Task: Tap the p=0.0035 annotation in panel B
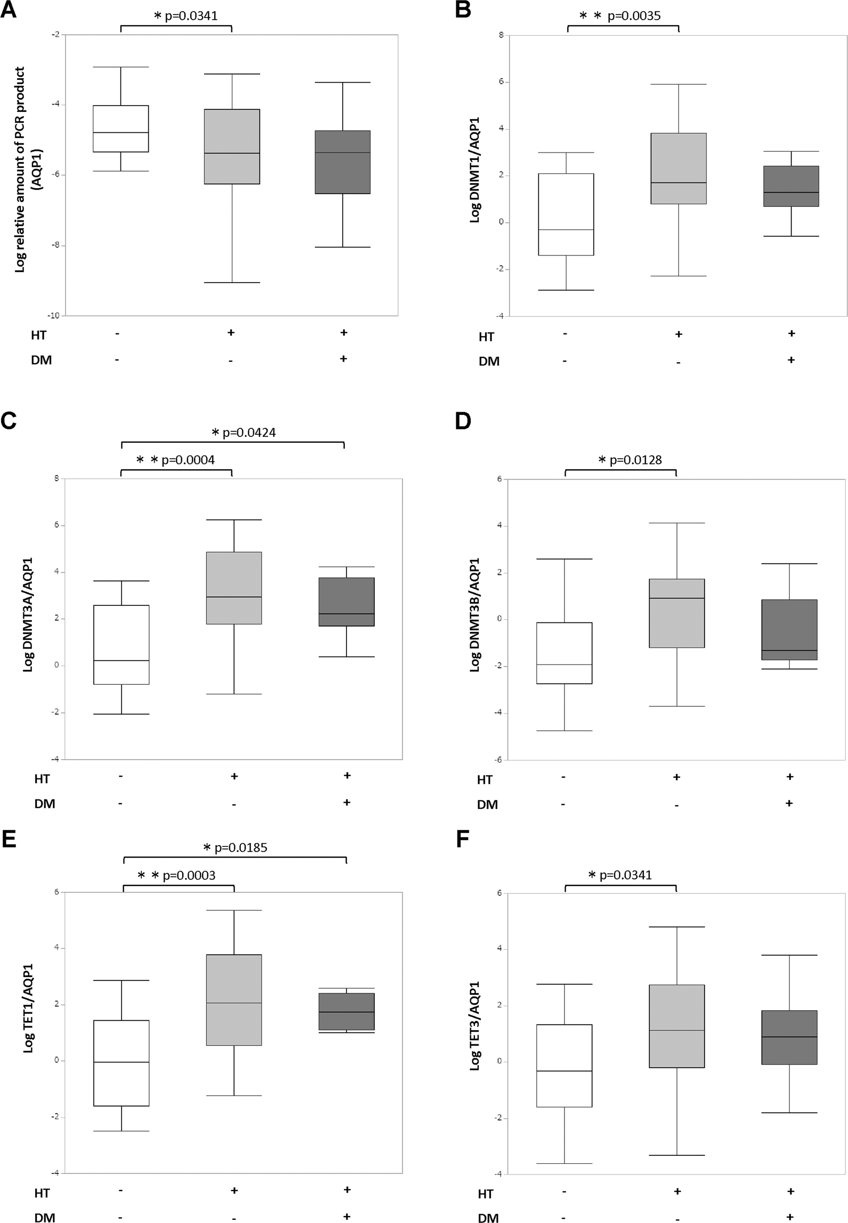tap(634, 16)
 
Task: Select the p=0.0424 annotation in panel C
tap(249, 433)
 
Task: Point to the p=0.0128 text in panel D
tap(635, 460)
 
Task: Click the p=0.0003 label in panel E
tap(189, 875)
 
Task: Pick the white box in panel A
tap(120, 129)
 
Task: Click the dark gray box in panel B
tap(791, 186)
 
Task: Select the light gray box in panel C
tap(234, 588)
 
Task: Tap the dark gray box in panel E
tap(346, 1011)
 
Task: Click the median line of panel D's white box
tap(564, 665)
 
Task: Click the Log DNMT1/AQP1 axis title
tap(474, 170)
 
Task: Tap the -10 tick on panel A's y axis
tap(54, 316)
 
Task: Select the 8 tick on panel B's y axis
tap(501, 35)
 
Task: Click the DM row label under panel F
tap(488, 1218)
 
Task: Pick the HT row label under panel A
tap(38, 335)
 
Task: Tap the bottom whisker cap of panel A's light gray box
tap(232, 282)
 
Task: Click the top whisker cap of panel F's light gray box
tap(676, 927)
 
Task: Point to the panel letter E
tap(9, 839)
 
